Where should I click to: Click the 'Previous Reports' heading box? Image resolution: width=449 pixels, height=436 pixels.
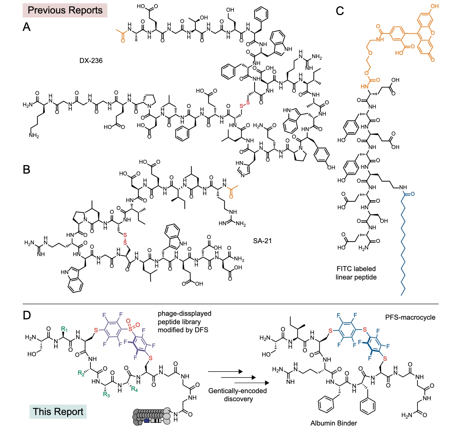65,10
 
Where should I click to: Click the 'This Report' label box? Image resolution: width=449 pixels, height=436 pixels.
58,411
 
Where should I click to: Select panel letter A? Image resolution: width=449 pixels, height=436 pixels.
27,27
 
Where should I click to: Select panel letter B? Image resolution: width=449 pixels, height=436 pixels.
27,170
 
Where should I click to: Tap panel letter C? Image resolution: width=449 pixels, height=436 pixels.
340,11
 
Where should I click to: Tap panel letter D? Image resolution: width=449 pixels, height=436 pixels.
27,315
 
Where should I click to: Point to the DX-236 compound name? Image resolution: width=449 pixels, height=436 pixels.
91,61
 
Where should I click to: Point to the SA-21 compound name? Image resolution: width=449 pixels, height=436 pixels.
262,241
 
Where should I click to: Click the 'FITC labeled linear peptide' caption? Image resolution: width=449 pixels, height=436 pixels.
356,273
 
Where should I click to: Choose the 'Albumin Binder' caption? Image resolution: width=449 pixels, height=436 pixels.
333,423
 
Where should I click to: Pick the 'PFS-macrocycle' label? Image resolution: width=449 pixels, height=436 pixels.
410,317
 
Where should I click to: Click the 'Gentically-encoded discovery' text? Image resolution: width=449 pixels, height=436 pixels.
237,395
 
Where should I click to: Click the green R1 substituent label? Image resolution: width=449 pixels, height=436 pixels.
64,329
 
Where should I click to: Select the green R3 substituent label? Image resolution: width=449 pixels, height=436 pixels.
106,394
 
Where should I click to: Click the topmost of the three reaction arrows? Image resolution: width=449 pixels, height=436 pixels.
225,372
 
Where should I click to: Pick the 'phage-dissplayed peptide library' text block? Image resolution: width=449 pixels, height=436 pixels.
184,322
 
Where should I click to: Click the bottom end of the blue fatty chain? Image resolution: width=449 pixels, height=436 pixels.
401,295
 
